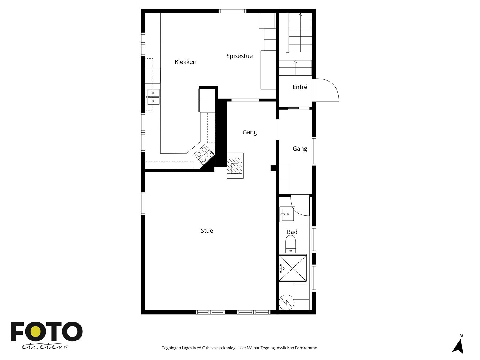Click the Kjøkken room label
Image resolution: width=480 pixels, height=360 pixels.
[185, 62]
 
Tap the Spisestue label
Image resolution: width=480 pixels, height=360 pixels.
[239, 56]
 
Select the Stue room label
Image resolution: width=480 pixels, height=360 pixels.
[207, 231]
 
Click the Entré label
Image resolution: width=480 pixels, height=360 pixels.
[300, 87]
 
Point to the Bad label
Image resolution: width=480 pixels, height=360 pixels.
[292, 232]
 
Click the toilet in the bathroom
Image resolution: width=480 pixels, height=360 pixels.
[290, 244]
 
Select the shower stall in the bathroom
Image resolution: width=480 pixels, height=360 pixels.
[292, 268]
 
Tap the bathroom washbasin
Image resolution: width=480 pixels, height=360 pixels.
[287, 214]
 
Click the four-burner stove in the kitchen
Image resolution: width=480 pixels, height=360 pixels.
[204, 154]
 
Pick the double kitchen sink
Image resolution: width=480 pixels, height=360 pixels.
[153, 97]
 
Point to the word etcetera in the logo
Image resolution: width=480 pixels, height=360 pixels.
[45, 347]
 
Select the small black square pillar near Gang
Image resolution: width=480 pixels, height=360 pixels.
[273, 168]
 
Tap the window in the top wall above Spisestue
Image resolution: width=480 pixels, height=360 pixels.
[232, 11]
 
